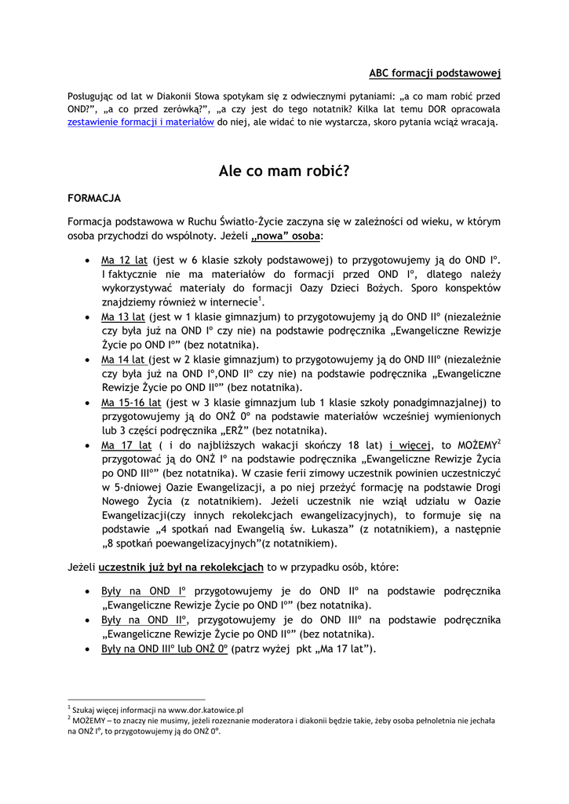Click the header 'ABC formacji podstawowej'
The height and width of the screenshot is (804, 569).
435,73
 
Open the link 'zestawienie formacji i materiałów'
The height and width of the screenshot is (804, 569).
141,122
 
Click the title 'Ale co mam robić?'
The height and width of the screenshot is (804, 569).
284,170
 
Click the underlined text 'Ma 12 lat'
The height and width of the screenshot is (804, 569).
124,259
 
